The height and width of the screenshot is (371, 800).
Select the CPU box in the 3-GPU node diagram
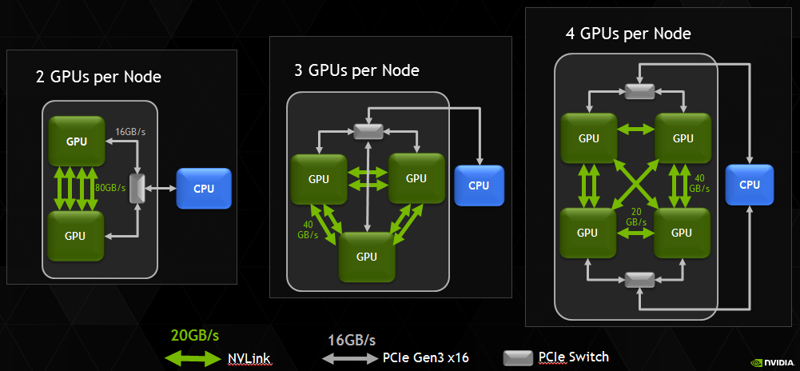tap(479, 185)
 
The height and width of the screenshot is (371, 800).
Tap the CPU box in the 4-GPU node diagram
tap(750, 185)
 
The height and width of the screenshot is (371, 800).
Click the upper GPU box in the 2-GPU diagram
tap(77, 142)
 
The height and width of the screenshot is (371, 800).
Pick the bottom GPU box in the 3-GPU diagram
tap(366, 256)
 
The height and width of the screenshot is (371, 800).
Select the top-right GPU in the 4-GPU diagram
tap(682, 138)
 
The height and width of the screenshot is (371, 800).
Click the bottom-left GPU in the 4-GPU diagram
tap(587, 233)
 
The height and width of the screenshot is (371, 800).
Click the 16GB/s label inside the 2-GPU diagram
tap(131, 131)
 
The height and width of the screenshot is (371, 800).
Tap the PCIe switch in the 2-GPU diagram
tap(136, 188)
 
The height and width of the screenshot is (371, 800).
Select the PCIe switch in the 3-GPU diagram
tap(367, 130)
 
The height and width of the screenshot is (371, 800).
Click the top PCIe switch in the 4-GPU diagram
tap(639, 91)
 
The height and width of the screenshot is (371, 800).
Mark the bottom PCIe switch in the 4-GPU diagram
tap(639, 279)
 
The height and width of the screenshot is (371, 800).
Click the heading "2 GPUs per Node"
tap(98, 78)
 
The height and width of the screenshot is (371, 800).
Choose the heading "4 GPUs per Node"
tap(627, 34)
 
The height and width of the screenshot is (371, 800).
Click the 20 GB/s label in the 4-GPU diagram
tap(636, 216)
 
